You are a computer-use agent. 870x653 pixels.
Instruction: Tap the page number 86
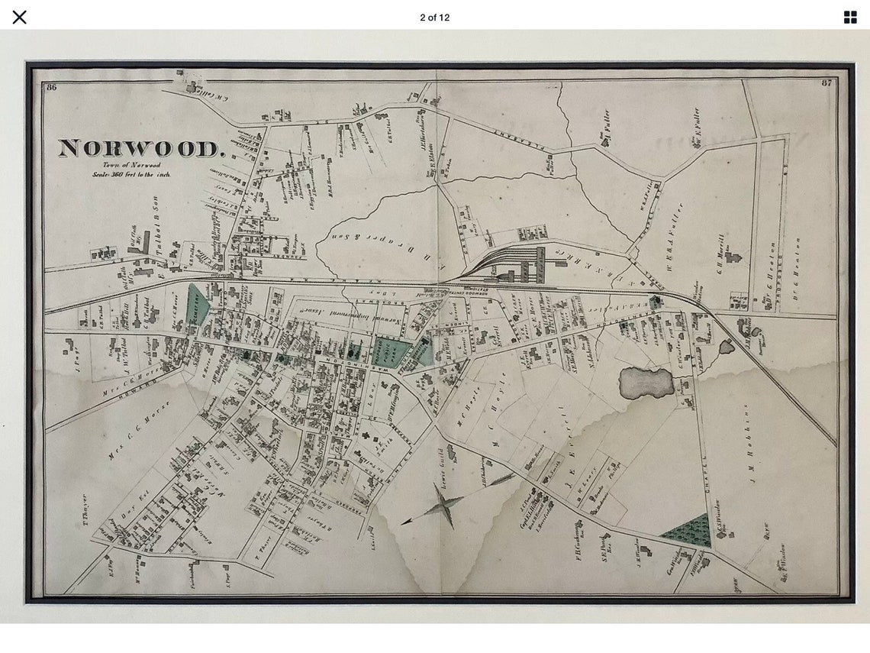[x=52, y=87]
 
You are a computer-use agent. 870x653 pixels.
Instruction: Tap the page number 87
[x=826, y=82]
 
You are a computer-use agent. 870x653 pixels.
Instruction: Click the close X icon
[x=20, y=18]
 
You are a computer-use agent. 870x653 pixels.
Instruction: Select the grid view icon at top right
[x=849, y=18]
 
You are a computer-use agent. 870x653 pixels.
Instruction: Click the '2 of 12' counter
[x=434, y=18]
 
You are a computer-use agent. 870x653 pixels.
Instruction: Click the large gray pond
[x=646, y=383]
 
